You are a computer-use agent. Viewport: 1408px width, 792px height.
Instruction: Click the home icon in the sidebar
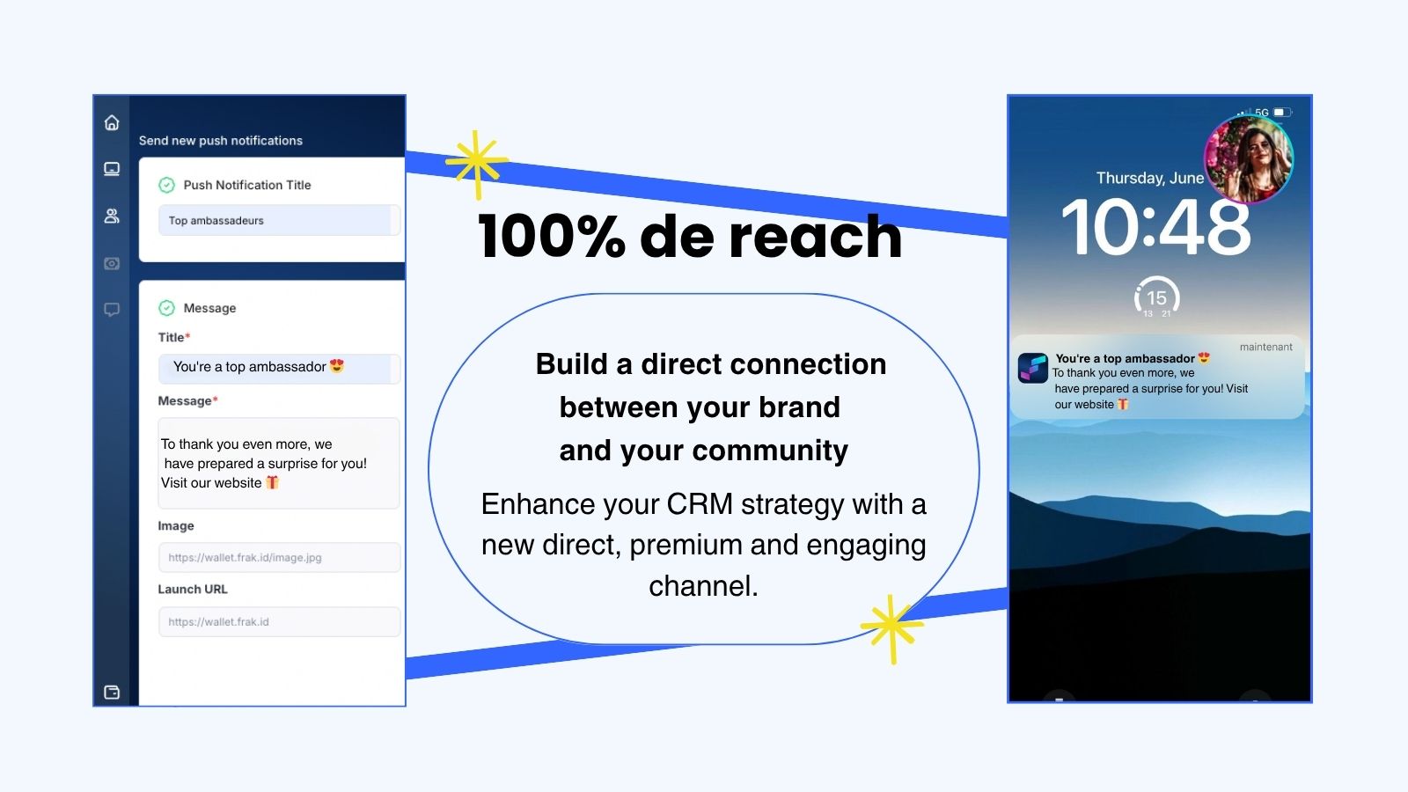pos(112,122)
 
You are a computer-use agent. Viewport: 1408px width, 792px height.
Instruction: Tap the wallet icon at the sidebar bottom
pos(112,692)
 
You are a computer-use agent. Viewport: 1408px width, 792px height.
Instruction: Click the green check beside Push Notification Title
pos(166,185)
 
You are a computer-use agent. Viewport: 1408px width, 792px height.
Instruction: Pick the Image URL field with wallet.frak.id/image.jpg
pos(279,558)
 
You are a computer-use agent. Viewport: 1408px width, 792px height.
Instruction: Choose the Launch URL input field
pos(279,621)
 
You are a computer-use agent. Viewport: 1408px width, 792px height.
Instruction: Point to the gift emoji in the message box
pos(272,482)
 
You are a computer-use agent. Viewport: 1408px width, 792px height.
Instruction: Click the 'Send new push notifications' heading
pos(221,140)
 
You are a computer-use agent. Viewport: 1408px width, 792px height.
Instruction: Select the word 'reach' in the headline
pos(815,237)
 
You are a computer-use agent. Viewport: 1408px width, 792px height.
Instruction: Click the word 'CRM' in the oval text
pos(700,504)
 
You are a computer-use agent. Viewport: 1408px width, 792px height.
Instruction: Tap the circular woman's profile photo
pos(1249,159)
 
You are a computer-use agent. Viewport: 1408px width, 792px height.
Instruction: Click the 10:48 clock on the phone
pos(1155,227)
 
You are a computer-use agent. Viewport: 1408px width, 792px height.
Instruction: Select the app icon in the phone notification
pos(1033,368)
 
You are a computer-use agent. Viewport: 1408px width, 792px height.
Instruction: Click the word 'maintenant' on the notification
pos(1266,347)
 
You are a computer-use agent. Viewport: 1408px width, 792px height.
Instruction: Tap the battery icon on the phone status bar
pos(1282,112)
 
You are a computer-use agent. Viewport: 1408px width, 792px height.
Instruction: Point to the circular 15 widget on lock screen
pos(1156,297)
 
